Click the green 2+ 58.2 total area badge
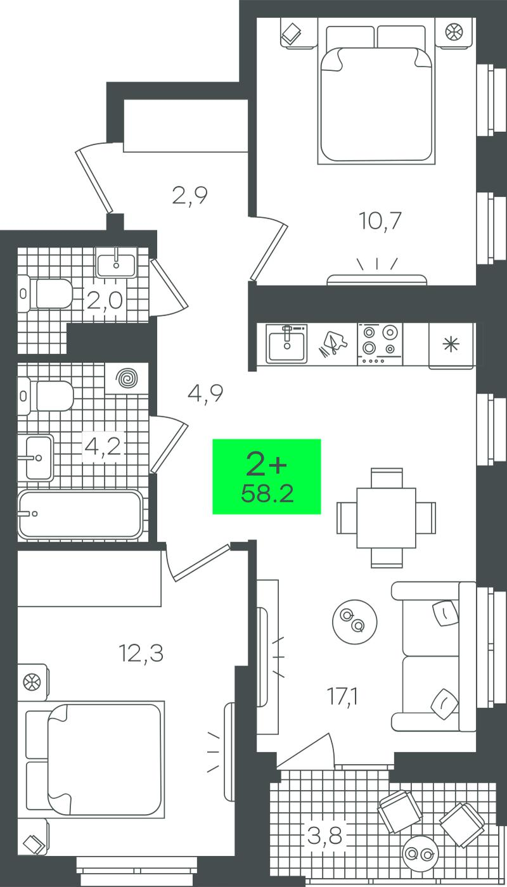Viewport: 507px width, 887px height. point(267,476)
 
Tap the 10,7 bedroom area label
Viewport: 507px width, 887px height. point(380,221)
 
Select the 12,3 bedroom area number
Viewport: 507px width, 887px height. point(141,653)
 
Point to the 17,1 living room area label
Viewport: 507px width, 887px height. point(343,696)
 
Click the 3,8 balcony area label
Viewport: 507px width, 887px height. point(324,825)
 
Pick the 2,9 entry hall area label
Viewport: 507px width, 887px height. point(189,195)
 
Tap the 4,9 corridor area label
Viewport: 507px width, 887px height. point(205,393)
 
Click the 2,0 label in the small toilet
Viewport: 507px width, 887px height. point(104,302)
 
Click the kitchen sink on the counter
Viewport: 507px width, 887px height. point(286,343)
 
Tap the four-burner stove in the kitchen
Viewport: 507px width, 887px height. point(380,343)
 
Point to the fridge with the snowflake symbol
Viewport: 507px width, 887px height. point(451,346)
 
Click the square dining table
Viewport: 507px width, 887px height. point(386,518)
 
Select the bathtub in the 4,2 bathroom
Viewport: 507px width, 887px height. point(80,514)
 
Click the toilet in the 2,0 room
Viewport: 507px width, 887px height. point(45,293)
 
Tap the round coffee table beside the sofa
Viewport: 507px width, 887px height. point(354,622)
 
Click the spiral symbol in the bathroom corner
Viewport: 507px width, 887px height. point(128,379)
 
